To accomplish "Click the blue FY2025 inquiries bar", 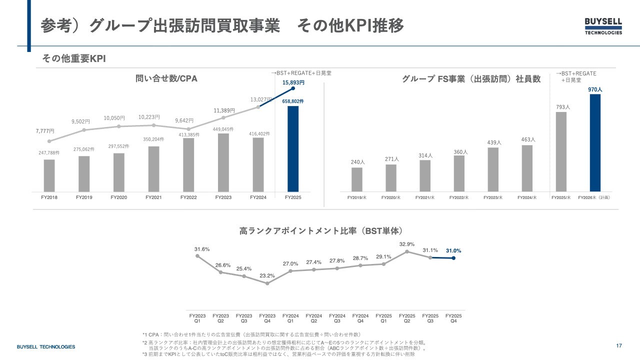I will click(x=293, y=148).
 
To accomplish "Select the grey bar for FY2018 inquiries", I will click(x=49, y=175).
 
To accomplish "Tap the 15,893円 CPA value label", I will click(x=293, y=83).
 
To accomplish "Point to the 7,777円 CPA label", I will click(x=45, y=131).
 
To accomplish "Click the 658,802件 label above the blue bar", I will click(x=293, y=101).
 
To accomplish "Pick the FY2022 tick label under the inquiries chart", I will click(x=188, y=197).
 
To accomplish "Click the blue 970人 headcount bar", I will click(x=595, y=142).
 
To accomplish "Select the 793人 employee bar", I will click(x=561, y=151).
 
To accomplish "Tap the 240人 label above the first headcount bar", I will click(x=357, y=162).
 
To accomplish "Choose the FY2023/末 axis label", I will click(x=493, y=198).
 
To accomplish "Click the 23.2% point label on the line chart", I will click(x=267, y=275).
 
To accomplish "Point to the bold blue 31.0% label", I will click(x=453, y=251).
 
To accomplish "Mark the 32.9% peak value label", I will click(x=407, y=244).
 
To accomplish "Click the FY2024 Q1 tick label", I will click(x=290, y=318).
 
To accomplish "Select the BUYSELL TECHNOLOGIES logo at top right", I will click(x=603, y=26).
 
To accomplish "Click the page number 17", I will click(x=619, y=346).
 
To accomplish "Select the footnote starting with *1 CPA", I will click(x=251, y=334).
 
